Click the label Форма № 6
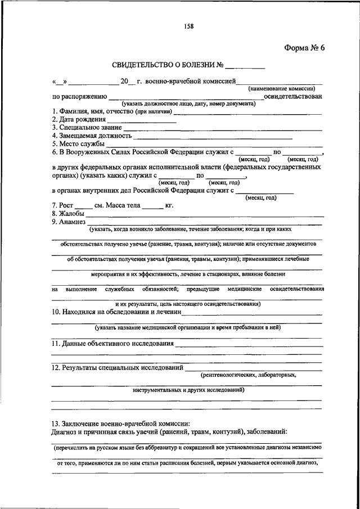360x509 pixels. coord(304,47)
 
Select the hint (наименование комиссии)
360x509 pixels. coord(282,88)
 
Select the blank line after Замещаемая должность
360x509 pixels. coord(213,136)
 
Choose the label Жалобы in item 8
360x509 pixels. coord(68,213)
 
